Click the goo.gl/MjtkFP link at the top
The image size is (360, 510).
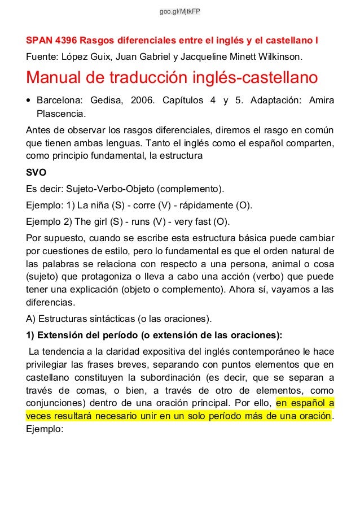[180, 11]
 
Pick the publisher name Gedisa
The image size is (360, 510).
[106, 101]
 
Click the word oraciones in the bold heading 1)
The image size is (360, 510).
[256, 333]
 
